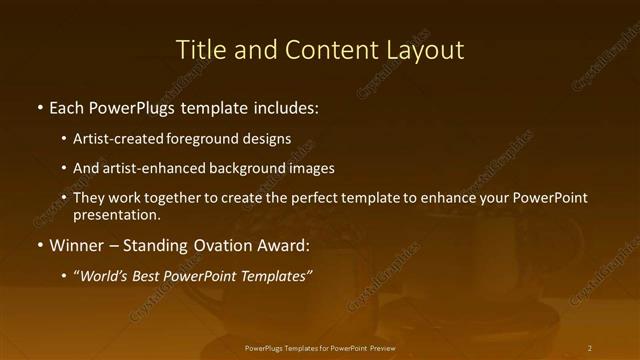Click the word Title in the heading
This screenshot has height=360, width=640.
click(199, 50)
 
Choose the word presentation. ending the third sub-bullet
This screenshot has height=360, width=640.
click(116, 214)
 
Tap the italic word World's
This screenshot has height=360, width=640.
click(104, 276)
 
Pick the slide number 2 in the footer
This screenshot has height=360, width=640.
click(590, 348)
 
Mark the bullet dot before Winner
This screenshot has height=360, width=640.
click(39, 246)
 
